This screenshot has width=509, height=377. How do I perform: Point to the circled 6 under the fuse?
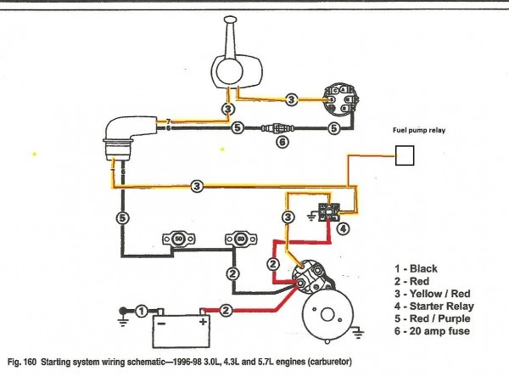[x=283, y=143]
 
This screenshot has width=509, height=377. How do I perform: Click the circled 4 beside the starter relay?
[x=343, y=228]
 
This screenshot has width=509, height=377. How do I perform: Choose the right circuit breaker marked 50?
[x=235, y=240]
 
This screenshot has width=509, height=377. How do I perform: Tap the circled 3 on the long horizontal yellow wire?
[x=196, y=185]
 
